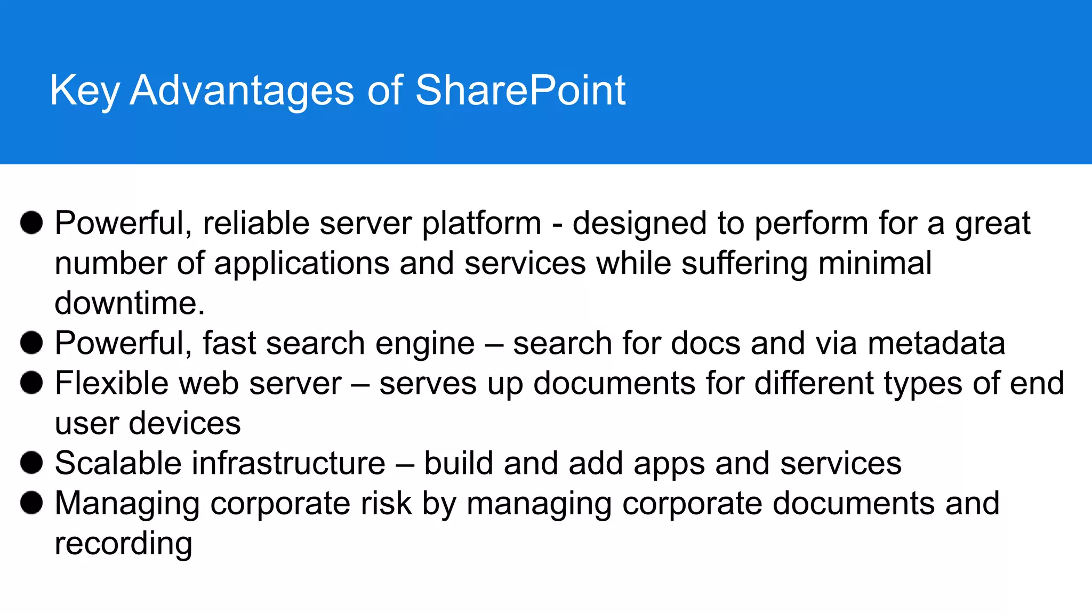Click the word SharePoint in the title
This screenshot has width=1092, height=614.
tap(520, 91)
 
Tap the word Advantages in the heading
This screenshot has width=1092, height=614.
tap(242, 91)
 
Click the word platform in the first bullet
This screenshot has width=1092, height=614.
tap(481, 224)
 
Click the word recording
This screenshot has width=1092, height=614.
tap(123, 544)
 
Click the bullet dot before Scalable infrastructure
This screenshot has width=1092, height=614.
tap(31, 462)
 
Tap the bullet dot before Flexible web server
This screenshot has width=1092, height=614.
tap(31, 382)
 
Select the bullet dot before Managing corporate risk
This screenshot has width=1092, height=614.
tap(31, 502)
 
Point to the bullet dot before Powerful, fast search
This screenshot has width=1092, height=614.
tap(31, 342)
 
